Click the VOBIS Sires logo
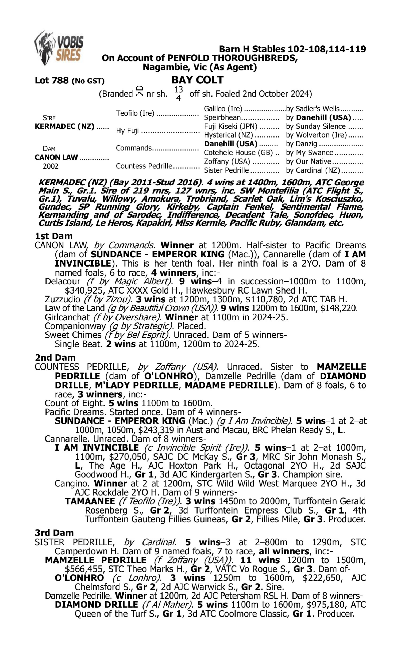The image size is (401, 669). pos(59,48)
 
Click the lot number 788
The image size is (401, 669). pos(61,81)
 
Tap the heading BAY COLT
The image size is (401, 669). pos(198,80)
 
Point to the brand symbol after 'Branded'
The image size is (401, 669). pos(139,92)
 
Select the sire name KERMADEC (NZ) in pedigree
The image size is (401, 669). pos(65,127)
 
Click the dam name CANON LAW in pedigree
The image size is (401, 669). pos(56,157)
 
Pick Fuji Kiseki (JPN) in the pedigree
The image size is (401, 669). pos(230,127)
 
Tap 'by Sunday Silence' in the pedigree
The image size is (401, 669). pos(316,127)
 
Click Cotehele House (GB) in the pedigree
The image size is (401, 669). pos(238,153)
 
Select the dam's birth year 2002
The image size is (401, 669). pos(51,166)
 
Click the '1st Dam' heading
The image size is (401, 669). pos(53,236)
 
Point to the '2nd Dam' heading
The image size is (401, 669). pos(55,358)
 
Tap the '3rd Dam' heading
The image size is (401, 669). pos(54,533)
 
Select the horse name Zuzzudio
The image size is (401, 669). pos(62,299)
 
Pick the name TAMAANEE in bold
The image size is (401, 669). pos(90,501)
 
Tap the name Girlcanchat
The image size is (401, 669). pos(67,317)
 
